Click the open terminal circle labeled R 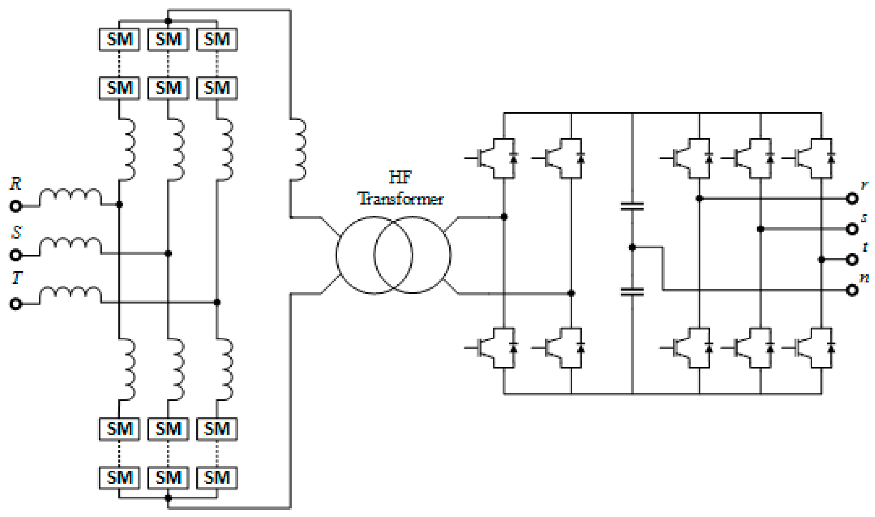15,206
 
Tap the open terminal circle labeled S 15,255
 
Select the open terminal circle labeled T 15,304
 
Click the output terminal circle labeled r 852,199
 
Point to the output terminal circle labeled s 852,229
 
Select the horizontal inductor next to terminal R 70,197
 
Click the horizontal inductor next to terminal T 70,295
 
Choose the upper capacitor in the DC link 632,206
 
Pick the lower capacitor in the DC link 632,292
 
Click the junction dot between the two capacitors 632,247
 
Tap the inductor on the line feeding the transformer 298,150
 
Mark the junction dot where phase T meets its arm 217,302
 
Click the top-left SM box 120,39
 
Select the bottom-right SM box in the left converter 217,477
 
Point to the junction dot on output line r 699,199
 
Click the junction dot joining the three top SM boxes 168,21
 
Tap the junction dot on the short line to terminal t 821,259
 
